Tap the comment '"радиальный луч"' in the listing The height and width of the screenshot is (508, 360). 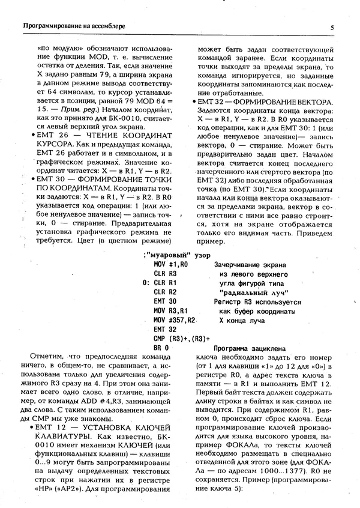click(248, 291)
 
